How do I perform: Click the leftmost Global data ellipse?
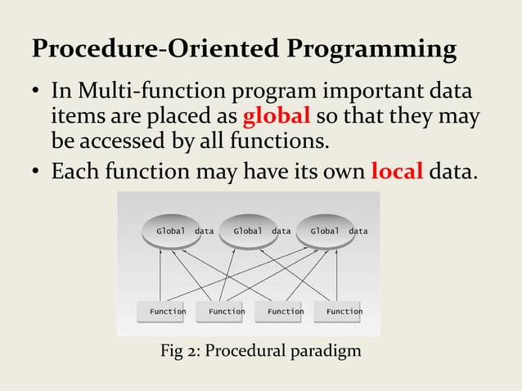coord(171,231)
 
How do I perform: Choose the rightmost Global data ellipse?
coord(325,231)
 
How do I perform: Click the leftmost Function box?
coord(167,311)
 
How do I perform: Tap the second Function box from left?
coord(226,311)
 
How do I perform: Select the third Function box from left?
coord(285,311)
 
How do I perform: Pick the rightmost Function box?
coord(344,311)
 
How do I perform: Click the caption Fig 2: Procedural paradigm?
coord(259,352)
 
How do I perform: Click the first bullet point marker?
coord(37,91)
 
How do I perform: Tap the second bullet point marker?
coord(37,173)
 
